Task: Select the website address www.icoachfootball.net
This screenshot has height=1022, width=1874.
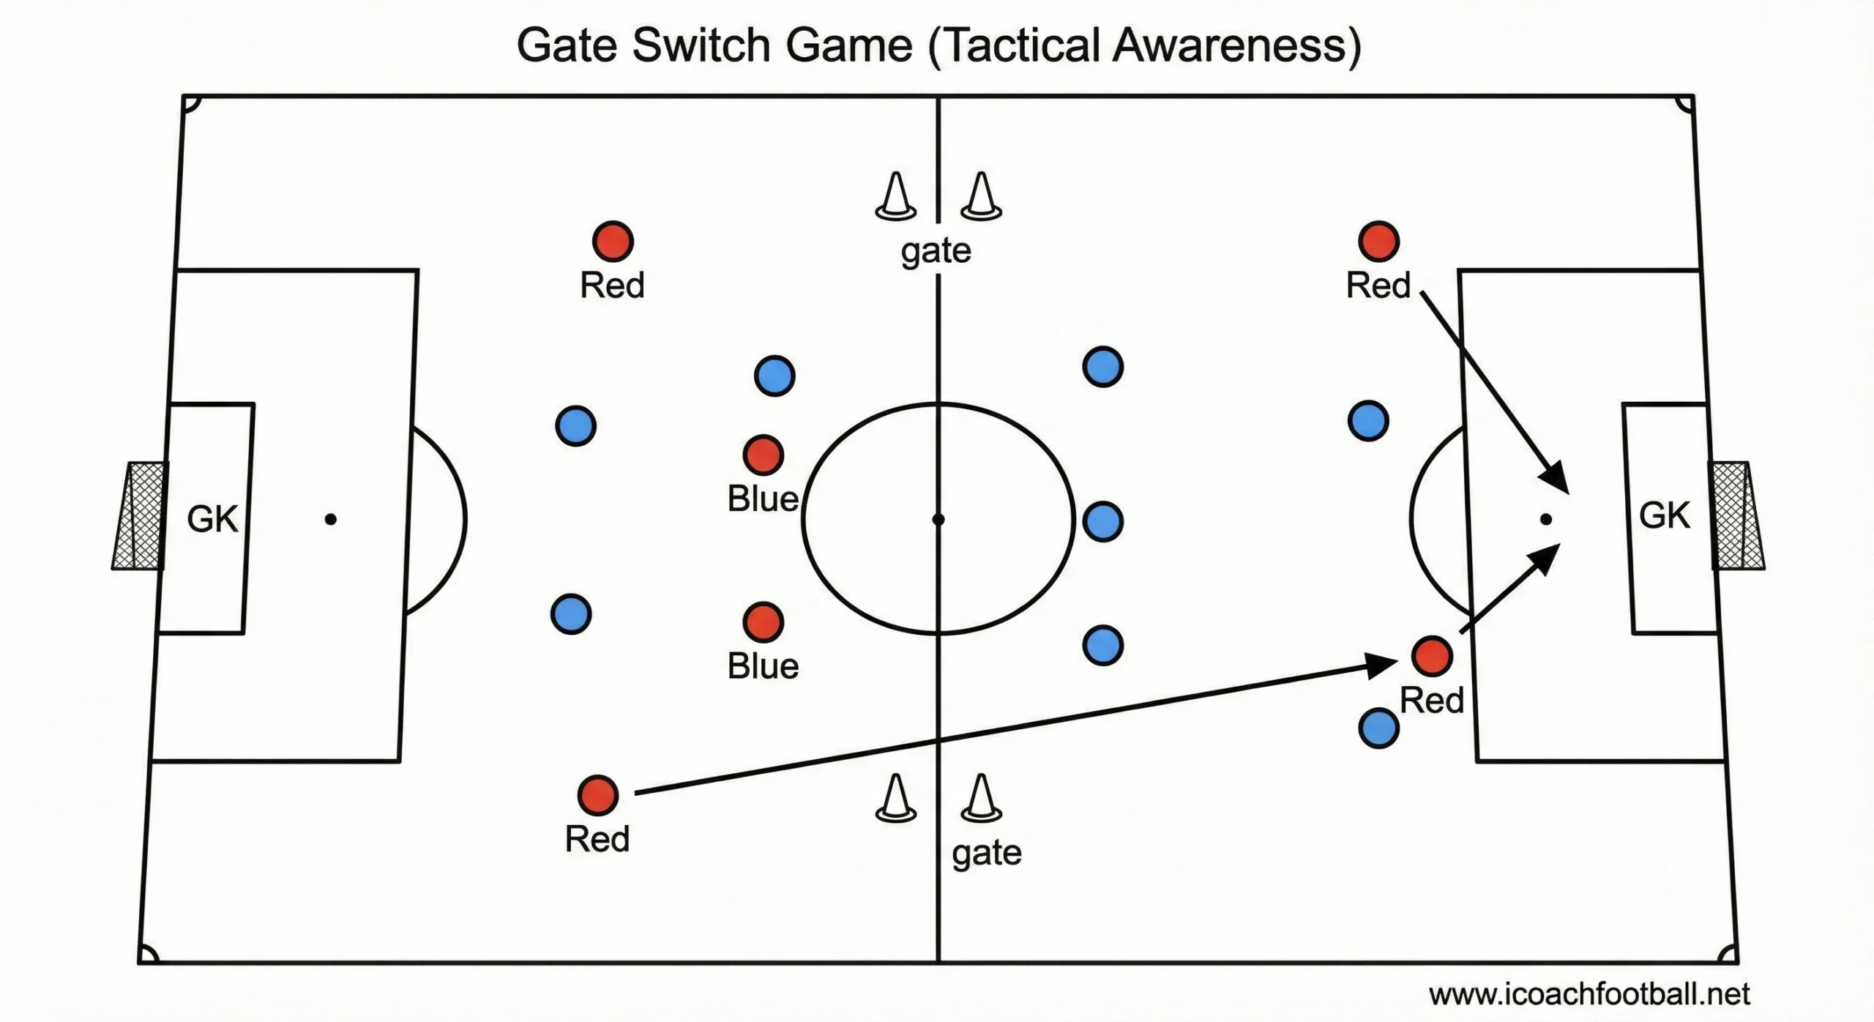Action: pyautogui.click(x=1589, y=993)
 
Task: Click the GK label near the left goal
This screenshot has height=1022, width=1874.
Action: pyautogui.click(x=212, y=519)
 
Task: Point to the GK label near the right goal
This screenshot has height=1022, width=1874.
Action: pyautogui.click(x=1664, y=515)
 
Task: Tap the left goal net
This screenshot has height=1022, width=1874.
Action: pyautogui.click(x=139, y=515)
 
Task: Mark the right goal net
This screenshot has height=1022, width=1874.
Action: pyautogui.click(x=1736, y=515)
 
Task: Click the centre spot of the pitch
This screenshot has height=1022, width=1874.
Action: pyautogui.click(x=938, y=519)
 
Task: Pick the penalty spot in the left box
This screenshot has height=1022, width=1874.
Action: pyautogui.click(x=331, y=519)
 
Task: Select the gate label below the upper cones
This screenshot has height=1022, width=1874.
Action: pyautogui.click(x=936, y=251)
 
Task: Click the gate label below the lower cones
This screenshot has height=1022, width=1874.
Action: pyautogui.click(x=986, y=853)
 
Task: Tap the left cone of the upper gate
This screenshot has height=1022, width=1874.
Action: pyautogui.click(x=895, y=197)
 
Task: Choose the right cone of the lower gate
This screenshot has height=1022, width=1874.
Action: pyautogui.click(x=981, y=799)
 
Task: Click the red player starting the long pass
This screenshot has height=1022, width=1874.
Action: pyautogui.click(x=598, y=795)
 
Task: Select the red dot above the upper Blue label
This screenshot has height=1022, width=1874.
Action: pyautogui.click(x=764, y=455)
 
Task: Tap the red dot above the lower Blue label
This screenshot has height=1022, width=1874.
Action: pyautogui.click(x=764, y=622)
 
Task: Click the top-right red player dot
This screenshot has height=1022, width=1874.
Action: pyautogui.click(x=1378, y=241)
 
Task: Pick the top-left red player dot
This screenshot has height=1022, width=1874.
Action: pyautogui.click(x=613, y=241)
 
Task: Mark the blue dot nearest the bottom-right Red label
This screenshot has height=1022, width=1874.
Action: pyautogui.click(x=1378, y=728)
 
